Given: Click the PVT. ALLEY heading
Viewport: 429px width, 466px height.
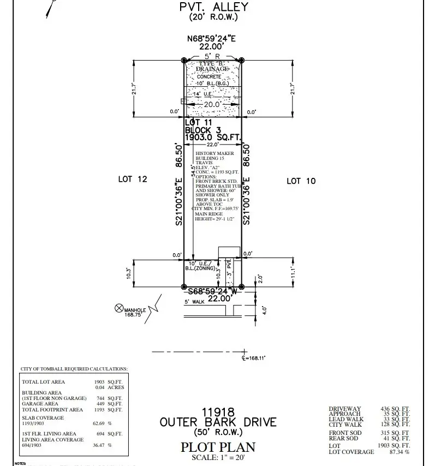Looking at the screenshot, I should pyautogui.click(x=213, y=7).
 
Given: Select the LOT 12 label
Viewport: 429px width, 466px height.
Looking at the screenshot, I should pyautogui.click(x=133, y=179).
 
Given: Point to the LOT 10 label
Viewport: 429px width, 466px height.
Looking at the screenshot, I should pyautogui.click(x=301, y=181).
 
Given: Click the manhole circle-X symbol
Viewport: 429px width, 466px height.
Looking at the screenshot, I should pyautogui.click(x=118, y=308).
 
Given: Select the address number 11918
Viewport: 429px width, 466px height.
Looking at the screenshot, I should pyautogui.click(x=218, y=411).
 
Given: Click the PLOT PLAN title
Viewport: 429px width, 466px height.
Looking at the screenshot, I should pyautogui.click(x=218, y=447).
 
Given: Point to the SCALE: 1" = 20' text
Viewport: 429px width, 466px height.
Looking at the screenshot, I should pyautogui.click(x=218, y=457).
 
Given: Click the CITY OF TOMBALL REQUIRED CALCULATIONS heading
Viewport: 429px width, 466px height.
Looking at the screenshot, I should pyautogui.click(x=74, y=369).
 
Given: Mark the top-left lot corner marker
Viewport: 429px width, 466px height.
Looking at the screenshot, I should pyautogui.click(x=184, y=60).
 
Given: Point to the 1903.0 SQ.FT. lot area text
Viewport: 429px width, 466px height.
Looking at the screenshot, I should pyautogui.click(x=213, y=138).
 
